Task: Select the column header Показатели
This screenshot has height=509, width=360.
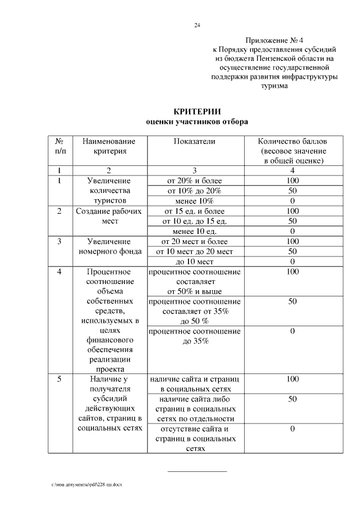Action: pyautogui.click(x=194, y=142)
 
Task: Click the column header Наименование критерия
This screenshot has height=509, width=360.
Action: pyautogui.click(x=109, y=146)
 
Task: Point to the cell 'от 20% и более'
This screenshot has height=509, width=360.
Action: pyautogui.click(x=194, y=181)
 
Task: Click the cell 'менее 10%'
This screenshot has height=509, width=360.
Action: pyautogui.click(x=194, y=201)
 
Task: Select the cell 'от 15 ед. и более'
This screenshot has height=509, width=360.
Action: pyautogui.click(x=194, y=211)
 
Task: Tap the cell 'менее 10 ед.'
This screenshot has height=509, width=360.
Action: pyautogui.click(x=194, y=231)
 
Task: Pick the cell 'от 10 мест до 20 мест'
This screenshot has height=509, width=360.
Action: pyautogui.click(x=194, y=251)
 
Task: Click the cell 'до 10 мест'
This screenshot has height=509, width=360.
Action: pyautogui.click(x=194, y=262)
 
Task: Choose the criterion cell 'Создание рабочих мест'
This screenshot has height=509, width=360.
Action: pyautogui.click(x=109, y=216)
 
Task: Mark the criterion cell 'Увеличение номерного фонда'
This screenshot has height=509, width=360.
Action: pyautogui.click(x=109, y=246)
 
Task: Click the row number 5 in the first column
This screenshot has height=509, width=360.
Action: pyautogui.click(x=60, y=380)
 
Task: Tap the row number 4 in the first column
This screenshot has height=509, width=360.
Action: pyautogui.click(x=60, y=272)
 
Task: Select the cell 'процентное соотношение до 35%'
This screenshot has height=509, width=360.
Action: pyautogui.click(x=194, y=336)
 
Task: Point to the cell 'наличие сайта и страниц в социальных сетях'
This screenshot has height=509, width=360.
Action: pyautogui.click(x=194, y=384)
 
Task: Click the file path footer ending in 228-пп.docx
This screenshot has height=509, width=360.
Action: pyautogui.click(x=87, y=485)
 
